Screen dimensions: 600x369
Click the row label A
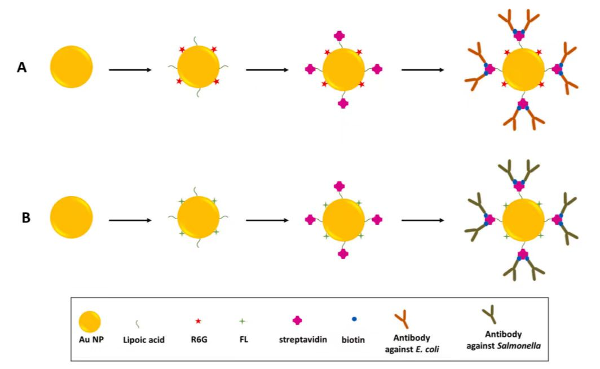(x=22, y=68)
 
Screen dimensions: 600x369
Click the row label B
(x=26, y=218)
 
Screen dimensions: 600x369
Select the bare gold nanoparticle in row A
(x=72, y=67)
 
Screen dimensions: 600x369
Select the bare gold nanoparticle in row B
(x=72, y=217)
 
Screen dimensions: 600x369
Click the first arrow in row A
(x=130, y=70)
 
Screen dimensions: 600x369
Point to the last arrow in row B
(x=423, y=220)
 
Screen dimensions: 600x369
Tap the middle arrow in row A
(x=267, y=70)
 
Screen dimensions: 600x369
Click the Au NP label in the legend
(x=91, y=340)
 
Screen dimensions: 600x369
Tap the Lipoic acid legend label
(x=144, y=340)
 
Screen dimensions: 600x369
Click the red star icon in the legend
(x=198, y=321)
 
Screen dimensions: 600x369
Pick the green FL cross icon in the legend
(x=242, y=321)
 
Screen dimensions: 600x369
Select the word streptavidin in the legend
(x=303, y=340)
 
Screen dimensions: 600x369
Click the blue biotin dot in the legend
(x=354, y=319)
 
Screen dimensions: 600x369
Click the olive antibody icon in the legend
(x=490, y=314)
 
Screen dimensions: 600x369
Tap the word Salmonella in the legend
(x=519, y=346)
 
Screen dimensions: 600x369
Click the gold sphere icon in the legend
(x=90, y=322)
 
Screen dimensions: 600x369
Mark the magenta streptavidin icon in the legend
(x=297, y=321)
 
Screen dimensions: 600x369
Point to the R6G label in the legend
(x=199, y=340)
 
